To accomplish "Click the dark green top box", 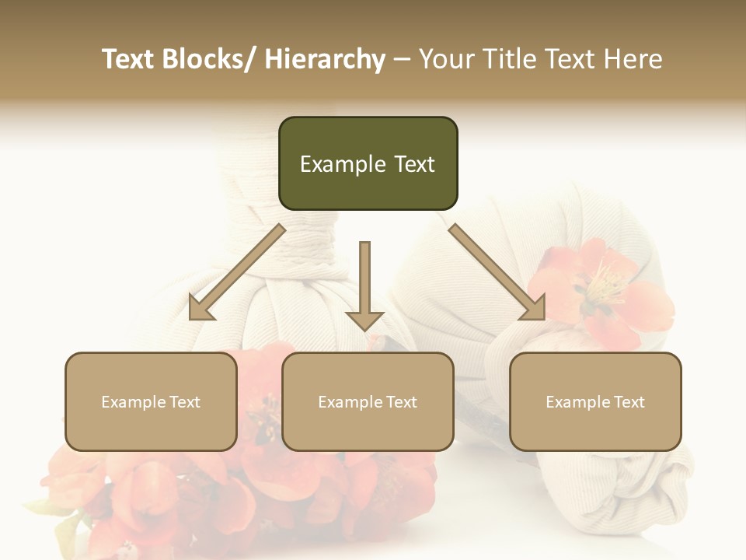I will click(x=368, y=163).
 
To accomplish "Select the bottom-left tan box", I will click(x=151, y=401).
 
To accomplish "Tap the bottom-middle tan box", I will click(x=368, y=401).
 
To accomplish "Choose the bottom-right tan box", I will click(x=595, y=401).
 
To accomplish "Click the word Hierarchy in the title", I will click(x=324, y=59).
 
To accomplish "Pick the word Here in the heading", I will click(x=633, y=59).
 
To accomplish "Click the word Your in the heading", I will click(x=445, y=59).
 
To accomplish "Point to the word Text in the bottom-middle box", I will click(x=400, y=402).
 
